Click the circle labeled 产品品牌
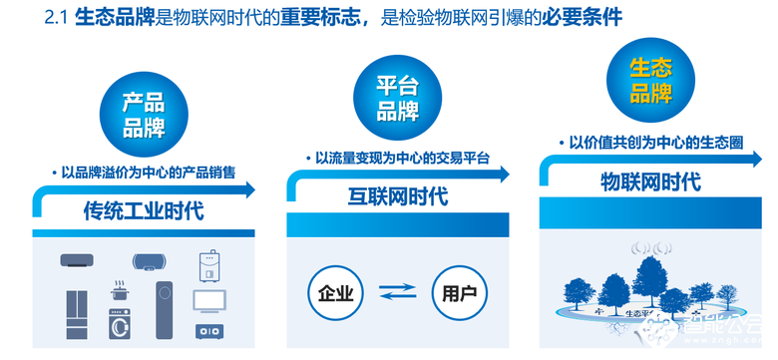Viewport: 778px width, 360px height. tap(143, 115)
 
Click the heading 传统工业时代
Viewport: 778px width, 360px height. tap(143, 211)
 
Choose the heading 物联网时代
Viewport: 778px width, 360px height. tap(650, 182)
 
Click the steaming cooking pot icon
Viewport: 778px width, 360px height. tap(122, 293)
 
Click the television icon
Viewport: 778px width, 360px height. tap(208, 300)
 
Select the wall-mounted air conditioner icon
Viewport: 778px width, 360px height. tap(78, 262)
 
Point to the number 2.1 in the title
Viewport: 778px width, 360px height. tap(48, 18)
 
